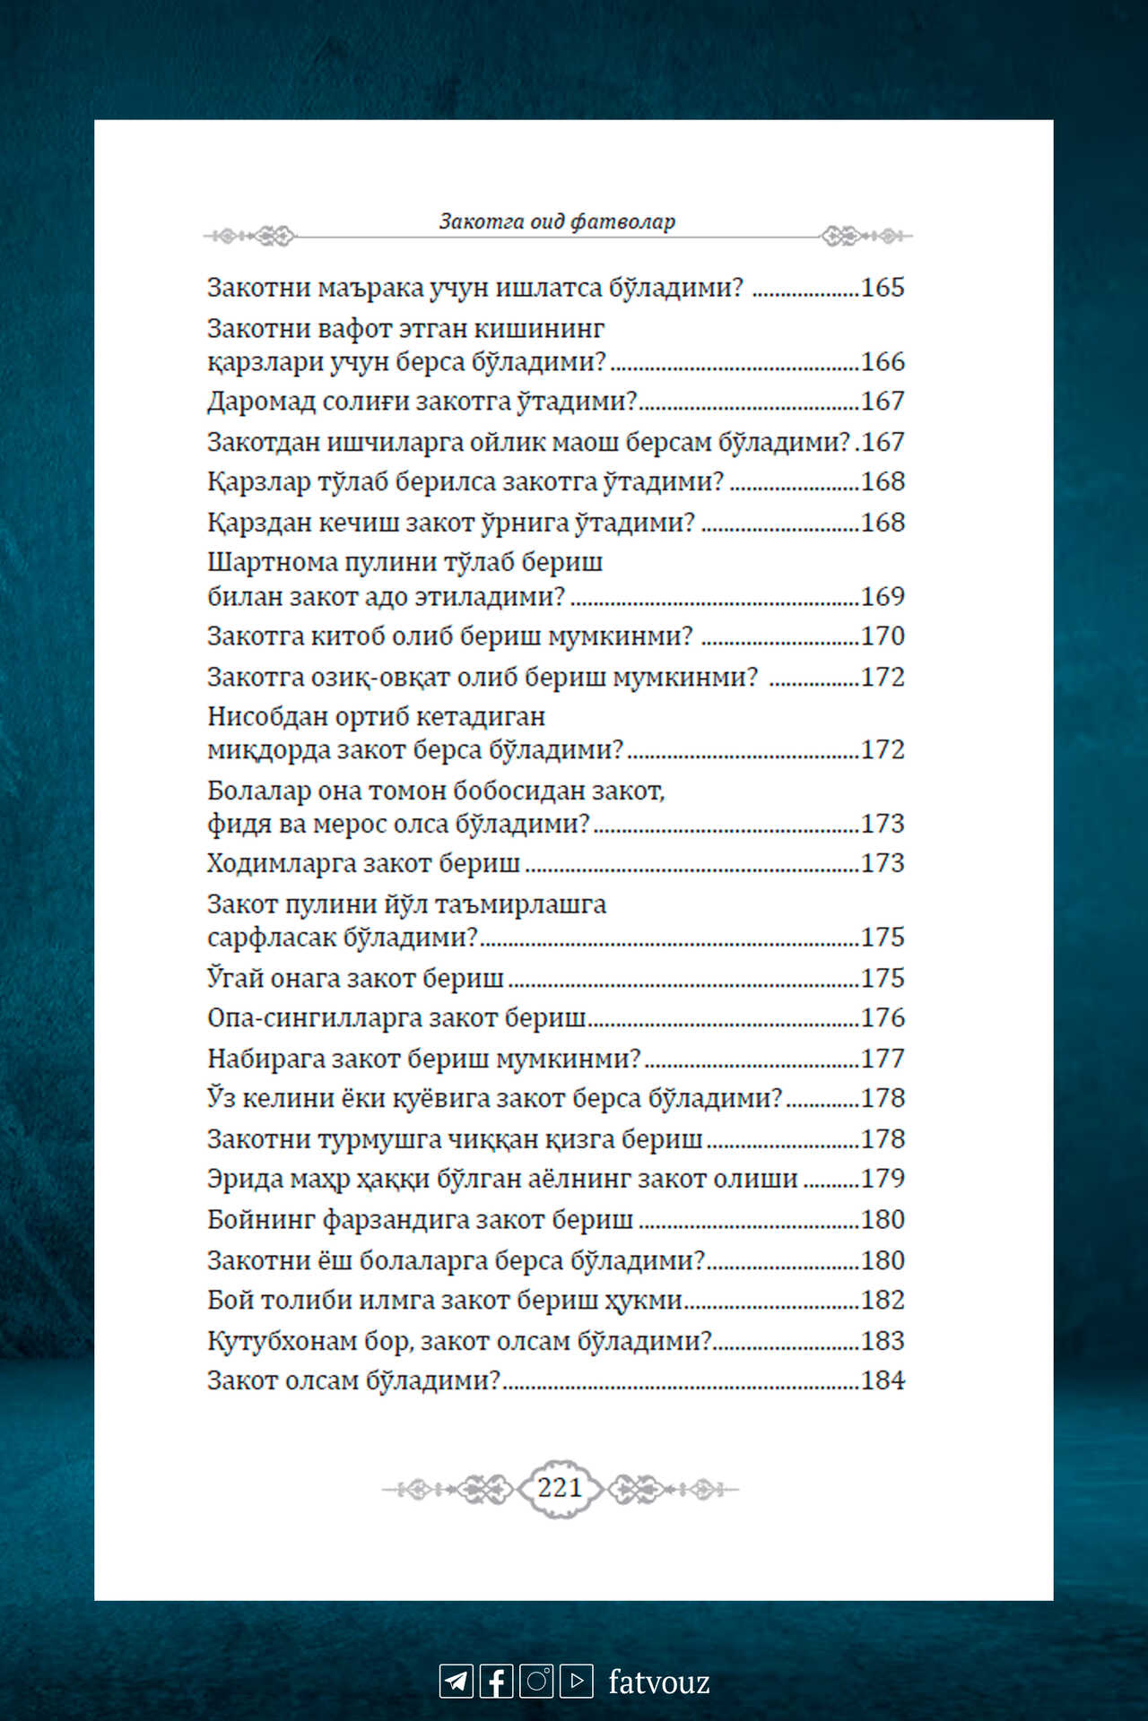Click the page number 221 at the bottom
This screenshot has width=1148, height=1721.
[560, 1488]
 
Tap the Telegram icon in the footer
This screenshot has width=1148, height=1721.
[456, 1681]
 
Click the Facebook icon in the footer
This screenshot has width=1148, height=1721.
[497, 1681]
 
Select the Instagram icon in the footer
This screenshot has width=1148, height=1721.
[536, 1681]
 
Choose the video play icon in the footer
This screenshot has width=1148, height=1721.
[577, 1681]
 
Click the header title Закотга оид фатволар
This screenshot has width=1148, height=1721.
[557, 221]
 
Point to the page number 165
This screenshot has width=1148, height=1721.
[883, 288]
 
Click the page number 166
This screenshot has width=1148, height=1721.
[883, 362]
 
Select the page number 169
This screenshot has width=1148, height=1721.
[883, 597]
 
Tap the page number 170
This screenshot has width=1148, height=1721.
[883, 636]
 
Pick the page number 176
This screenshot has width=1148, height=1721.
[883, 1018]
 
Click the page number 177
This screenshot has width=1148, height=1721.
[883, 1059]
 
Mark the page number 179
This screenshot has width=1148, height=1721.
[883, 1179]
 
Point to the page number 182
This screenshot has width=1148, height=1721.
[883, 1301]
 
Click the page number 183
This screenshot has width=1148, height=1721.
[883, 1341]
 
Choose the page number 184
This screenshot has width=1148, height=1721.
[883, 1380]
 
